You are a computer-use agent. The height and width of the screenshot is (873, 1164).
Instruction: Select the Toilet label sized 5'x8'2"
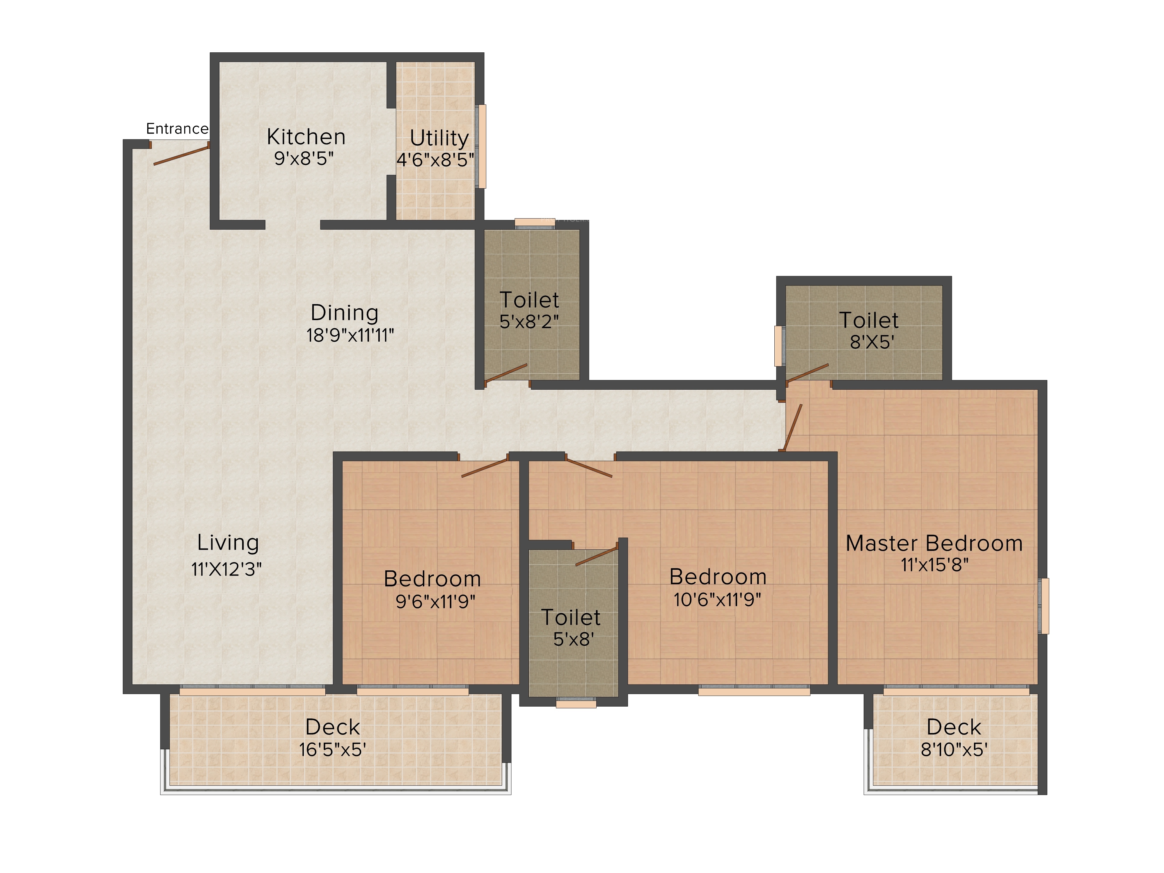click(x=529, y=300)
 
